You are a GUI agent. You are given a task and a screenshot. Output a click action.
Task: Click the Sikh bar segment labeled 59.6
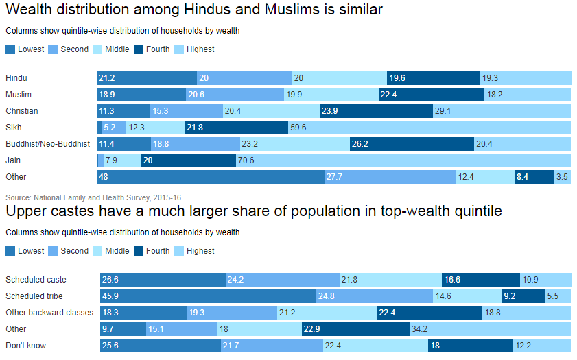429,128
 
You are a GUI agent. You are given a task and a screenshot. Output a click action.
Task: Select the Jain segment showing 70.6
403,160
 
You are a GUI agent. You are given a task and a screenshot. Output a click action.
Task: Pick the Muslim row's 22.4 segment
431,95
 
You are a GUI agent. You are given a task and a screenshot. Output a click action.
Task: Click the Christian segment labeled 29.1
502,111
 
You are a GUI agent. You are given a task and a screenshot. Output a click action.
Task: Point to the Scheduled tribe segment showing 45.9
207,296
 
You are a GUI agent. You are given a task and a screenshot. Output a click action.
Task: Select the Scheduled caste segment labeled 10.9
545,280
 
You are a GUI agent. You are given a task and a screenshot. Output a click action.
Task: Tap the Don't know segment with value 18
471,346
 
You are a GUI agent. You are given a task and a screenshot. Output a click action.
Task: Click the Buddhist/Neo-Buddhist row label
47,144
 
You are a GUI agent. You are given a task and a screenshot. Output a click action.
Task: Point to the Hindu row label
16,78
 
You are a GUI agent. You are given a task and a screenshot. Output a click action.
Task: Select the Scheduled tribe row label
34,296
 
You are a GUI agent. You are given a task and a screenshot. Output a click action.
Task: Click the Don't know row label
26,346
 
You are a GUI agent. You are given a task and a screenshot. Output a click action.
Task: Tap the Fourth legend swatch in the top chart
139,49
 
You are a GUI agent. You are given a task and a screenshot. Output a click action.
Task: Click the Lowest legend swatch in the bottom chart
10,251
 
